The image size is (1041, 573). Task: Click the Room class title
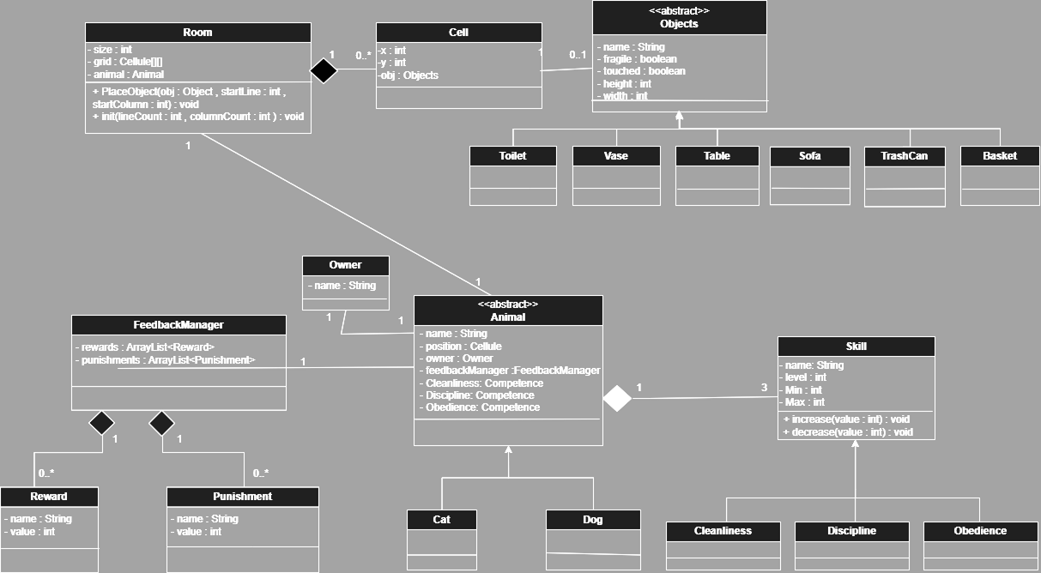pyautogui.click(x=197, y=33)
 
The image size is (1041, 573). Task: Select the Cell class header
pyautogui.click(x=458, y=33)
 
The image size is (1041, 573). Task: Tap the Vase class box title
pyautogui.click(x=615, y=156)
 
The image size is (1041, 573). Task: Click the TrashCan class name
pyautogui.click(x=904, y=156)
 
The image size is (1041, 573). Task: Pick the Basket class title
pyautogui.click(x=1000, y=156)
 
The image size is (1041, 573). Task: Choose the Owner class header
pyautogui.click(x=345, y=265)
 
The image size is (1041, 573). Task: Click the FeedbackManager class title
pyautogui.click(x=179, y=325)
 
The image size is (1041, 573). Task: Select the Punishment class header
pyautogui.click(x=242, y=497)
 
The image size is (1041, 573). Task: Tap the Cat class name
pyautogui.click(x=441, y=520)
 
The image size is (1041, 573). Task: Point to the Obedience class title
pyautogui.click(x=980, y=531)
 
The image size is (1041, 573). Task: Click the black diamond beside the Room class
pyautogui.click(x=324, y=71)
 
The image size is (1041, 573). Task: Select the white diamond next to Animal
pyautogui.click(x=616, y=399)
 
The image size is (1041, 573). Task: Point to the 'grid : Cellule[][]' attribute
pyautogui.click(x=130, y=63)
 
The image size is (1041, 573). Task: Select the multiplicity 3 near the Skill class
pyautogui.click(x=765, y=388)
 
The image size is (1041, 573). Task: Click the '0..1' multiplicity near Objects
pyautogui.click(x=578, y=55)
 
